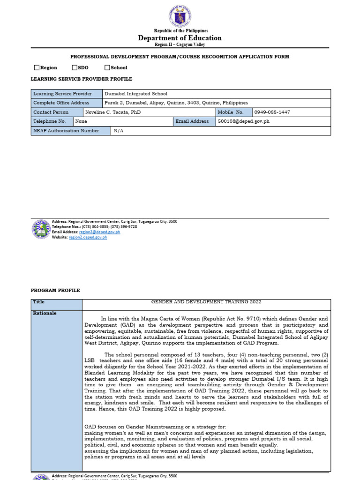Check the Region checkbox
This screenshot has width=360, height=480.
tap(37, 67)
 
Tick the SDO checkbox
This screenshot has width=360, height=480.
tap(75, 67)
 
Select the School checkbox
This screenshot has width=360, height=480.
tap(107, 67)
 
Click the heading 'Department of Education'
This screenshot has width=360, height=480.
tap(180, 38)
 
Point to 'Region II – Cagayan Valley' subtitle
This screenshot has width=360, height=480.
tap(180, 45)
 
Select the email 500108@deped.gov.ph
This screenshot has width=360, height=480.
tap(244, 121)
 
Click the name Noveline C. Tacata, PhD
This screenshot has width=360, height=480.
tap(113, 112)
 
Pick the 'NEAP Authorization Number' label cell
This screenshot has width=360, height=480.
tap(66, 131)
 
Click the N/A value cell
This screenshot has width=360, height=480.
tap(119, 131)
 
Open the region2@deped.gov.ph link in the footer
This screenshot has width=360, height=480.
tap(99, 232)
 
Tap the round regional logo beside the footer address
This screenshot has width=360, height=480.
tap(41, 229)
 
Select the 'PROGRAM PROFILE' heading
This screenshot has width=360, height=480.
tap(55, 291)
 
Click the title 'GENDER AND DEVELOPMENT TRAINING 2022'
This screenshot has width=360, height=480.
tap(206, 302)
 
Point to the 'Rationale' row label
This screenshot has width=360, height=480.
tap(45, 313)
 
